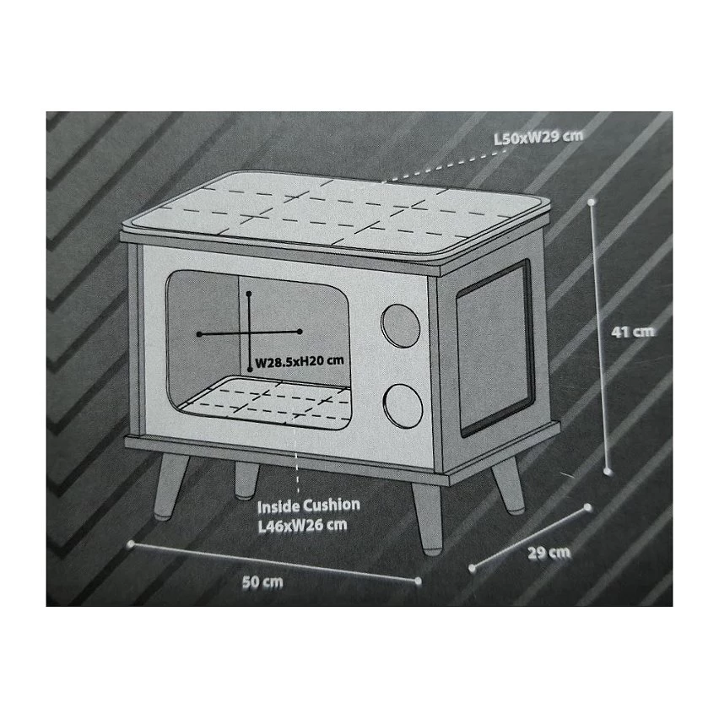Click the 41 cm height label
pyautogui.click(x=633, y=332)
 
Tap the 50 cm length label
pyautogui.click(x=262, y=582)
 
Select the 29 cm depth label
pyautogui.click(x=549, y=553)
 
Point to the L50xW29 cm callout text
pyautogui.click(x=538, y=137)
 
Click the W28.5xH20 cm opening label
pyautogui.click(x=299, y=362)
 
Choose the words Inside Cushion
pyautogui.click(x=309, y=506)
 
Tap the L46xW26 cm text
pyautogui.click(x=303, y=525)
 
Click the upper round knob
pyautogui.click(x=400, y=326)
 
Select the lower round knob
pyautogui.click(x=403, y=406)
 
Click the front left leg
pyautogui.click(x=169, y=486)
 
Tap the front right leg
pyautogui.click(x=427, y=519)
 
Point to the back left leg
pyautogui.click(x=246, y=479)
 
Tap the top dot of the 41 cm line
pyautogui.click(x=592, y=202)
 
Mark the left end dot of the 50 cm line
pyautogui.click(x=131, y=543)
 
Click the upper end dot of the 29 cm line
pyautogui.click(x=589, y=508)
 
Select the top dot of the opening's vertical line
pyautogui.click(x=249, y=293)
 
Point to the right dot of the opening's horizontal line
pyautogui.click(x=300, y=331)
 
